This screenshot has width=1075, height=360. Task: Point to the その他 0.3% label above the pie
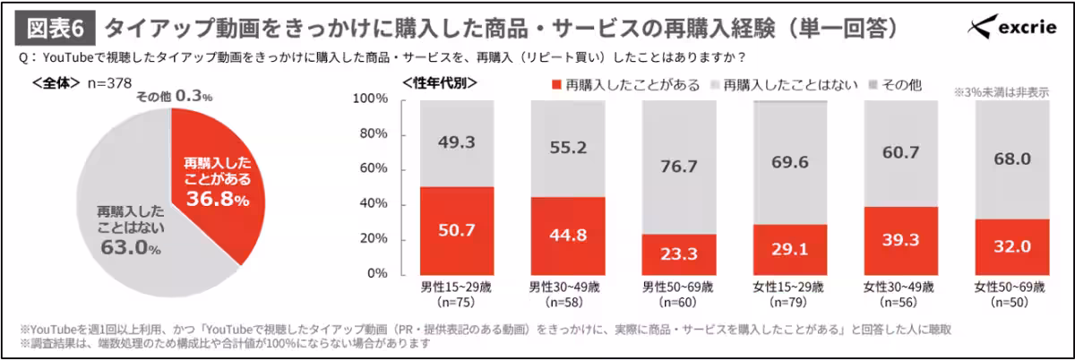pos(174,95)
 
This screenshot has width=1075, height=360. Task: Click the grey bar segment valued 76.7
pos(677,167)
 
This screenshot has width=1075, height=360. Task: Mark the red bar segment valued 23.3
pos(677,253)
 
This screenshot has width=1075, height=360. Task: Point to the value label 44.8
pos(566,236)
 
